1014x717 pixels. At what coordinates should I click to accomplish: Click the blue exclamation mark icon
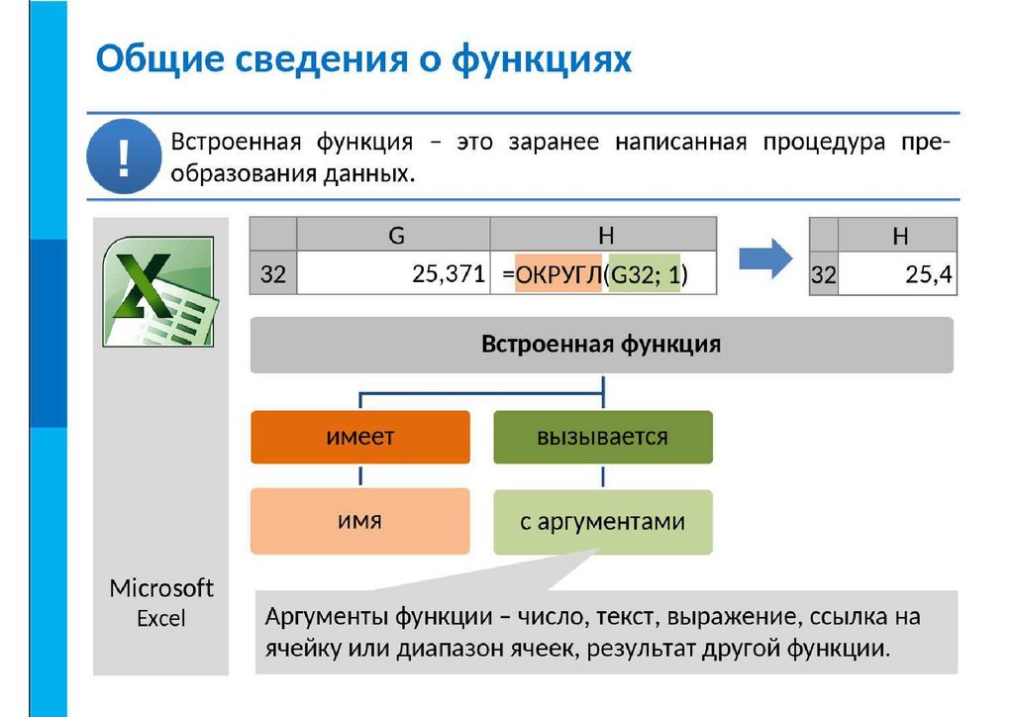[x=124, y=156]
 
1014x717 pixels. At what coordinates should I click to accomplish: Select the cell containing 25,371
[x=393, y=275]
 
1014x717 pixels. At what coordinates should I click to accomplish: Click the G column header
[x=395, y=235]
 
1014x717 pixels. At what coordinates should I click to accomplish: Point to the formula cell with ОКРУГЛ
[x=602, y=275]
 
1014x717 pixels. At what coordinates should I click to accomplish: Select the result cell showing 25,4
[x=897, y=276]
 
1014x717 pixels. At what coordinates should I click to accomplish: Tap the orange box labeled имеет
[x=360, y=437]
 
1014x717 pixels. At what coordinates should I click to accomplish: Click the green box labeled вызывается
[x=602, y=437]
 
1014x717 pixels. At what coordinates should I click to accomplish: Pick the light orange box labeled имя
[x=360, y=520]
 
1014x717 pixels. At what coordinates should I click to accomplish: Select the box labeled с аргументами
[x=602, y=521]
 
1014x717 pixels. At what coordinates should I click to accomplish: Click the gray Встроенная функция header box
[x=601, y=345]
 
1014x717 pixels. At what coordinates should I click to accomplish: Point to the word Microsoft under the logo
[x=161, y=588]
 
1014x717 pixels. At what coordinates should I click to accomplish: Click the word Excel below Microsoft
[x=161, y=619]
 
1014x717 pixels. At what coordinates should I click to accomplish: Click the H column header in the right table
[x=899, y=236]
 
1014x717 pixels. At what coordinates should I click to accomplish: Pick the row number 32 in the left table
[x=272, y=275]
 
